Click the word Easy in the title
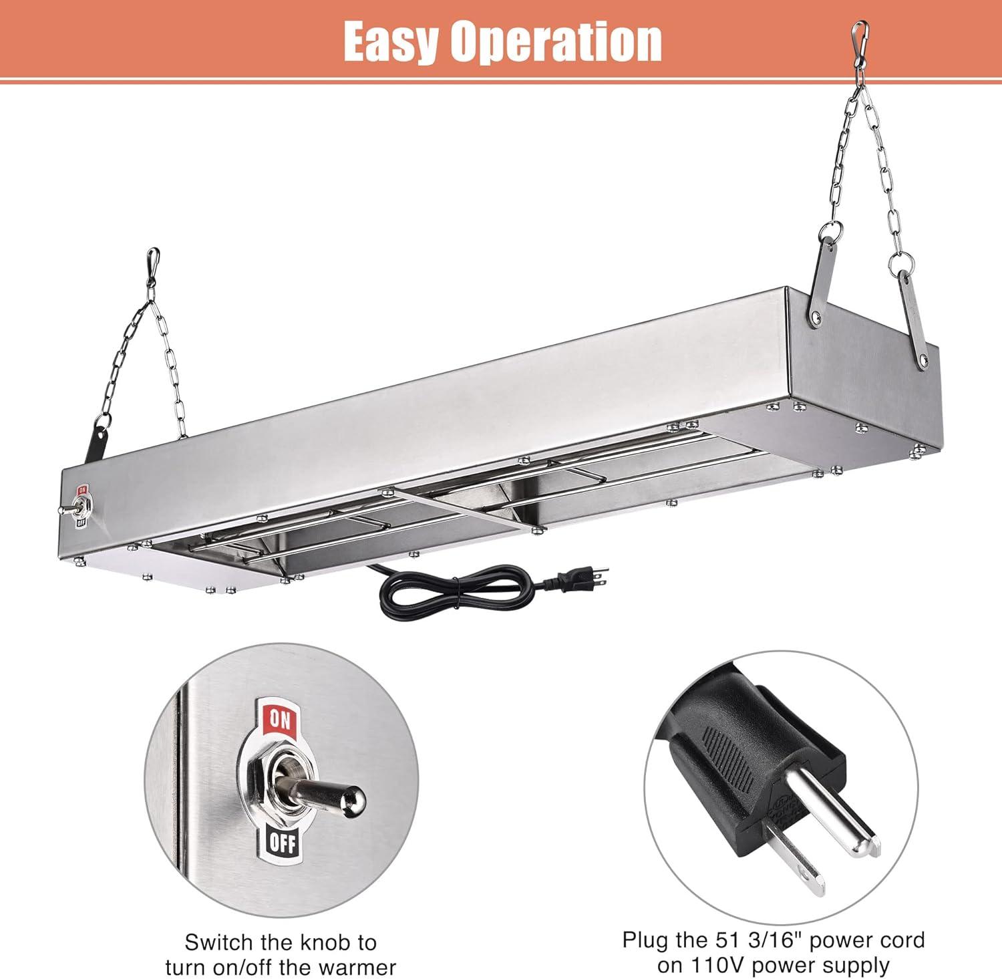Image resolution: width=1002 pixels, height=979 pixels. tap(390, 41)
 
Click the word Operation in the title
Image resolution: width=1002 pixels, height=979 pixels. tap(556, 41)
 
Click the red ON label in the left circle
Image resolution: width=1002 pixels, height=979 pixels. tap(280, 720)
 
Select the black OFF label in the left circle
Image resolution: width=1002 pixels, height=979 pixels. tap(281, 844)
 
